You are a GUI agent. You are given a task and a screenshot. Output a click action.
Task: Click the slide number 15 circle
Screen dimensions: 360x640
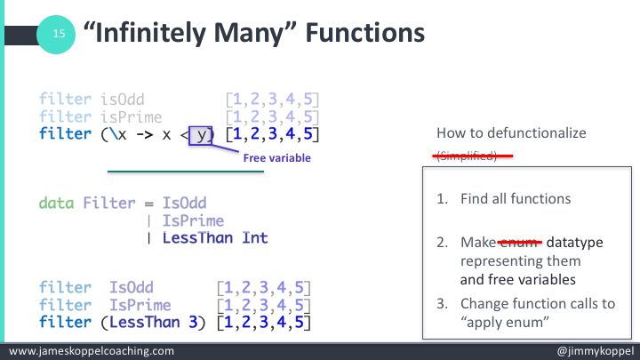click(60, 35)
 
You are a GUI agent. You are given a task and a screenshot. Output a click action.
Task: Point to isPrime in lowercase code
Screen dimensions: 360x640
click(130, 116)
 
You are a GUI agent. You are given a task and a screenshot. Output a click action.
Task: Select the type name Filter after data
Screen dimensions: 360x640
click(108, 203)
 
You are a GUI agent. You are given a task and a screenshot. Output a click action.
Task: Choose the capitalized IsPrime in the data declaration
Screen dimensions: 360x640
click(193, 220)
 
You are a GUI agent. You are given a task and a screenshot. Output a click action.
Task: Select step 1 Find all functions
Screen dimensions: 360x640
click(503, 199)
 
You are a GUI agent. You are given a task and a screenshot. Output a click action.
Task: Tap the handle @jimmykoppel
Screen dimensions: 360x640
click(591, 351)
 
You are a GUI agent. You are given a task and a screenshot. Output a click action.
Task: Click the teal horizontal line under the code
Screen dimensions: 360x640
click(186, 171)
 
